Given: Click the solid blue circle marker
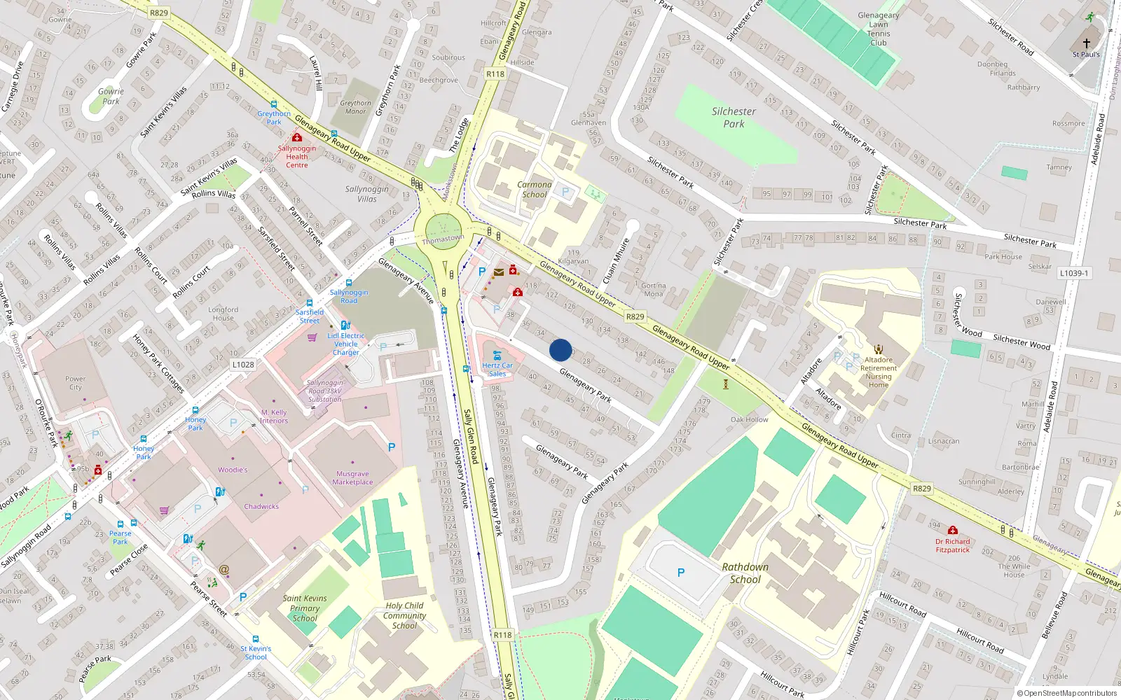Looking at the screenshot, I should (560, 350).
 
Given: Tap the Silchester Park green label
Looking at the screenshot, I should (734, 118).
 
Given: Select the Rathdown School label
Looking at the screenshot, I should (745, 573).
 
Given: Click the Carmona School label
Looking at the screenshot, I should (535, 190).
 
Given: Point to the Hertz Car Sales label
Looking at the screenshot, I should (497, 370).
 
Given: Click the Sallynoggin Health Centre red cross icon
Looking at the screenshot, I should (297, 138).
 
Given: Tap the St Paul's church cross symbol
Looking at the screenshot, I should (1087, 43).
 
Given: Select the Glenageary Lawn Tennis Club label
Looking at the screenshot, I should (879, 29).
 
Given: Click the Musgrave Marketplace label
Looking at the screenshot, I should (353, 478).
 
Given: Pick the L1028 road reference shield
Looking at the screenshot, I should (243, 365).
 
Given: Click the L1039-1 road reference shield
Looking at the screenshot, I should (1074, 273).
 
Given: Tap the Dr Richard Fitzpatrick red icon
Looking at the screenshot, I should (953, 531).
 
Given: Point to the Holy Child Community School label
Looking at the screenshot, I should (404, 615).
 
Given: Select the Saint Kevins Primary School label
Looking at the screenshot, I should (305, 608).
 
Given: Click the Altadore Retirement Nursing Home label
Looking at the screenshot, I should (879, 372).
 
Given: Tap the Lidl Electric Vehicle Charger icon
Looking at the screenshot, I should (345, 325).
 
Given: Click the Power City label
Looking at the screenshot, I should (76, 383).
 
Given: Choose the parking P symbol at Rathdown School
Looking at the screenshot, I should (681, 573).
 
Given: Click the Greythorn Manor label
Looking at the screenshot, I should (356, 107).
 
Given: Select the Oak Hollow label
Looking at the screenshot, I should (750, 420).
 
